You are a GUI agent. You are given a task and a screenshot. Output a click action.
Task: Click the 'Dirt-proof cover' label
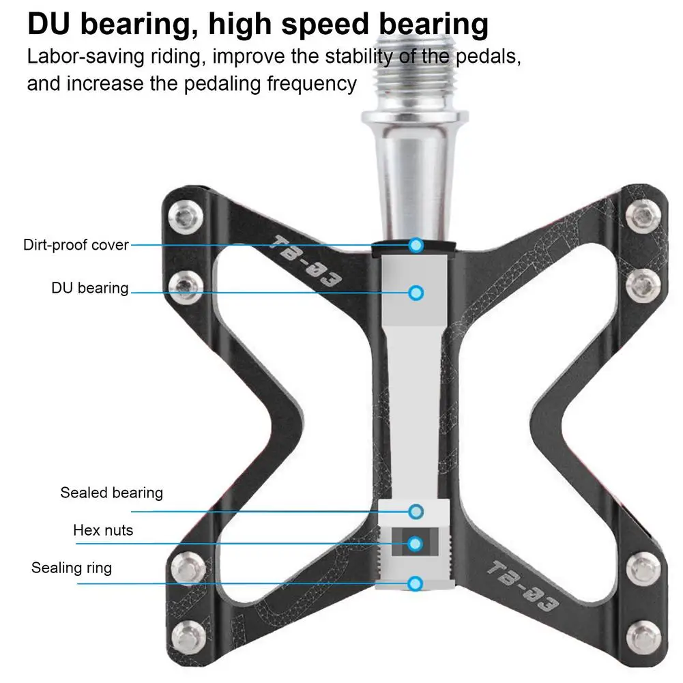[76, 244]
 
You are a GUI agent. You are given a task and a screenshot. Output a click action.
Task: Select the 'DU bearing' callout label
[90, 287]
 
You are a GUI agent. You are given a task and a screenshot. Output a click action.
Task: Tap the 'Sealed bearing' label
[112, 492]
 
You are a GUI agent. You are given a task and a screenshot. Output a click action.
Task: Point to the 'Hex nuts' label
[103, 529]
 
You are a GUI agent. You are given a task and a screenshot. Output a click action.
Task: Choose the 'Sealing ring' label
[72, 567]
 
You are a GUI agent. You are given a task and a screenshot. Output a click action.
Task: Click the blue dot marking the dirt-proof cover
[416, 245]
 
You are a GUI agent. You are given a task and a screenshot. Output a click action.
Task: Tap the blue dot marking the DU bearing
[416, 293]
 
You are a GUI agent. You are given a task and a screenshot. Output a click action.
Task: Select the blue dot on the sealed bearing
[416, 511]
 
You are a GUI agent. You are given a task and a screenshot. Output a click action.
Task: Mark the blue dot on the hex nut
[416, 544]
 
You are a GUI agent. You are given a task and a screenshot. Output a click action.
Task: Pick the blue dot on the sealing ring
[416, 583]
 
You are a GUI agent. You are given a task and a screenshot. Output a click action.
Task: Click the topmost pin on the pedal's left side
[186, 218]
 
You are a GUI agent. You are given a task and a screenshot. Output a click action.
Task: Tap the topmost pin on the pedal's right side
[643, 218]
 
